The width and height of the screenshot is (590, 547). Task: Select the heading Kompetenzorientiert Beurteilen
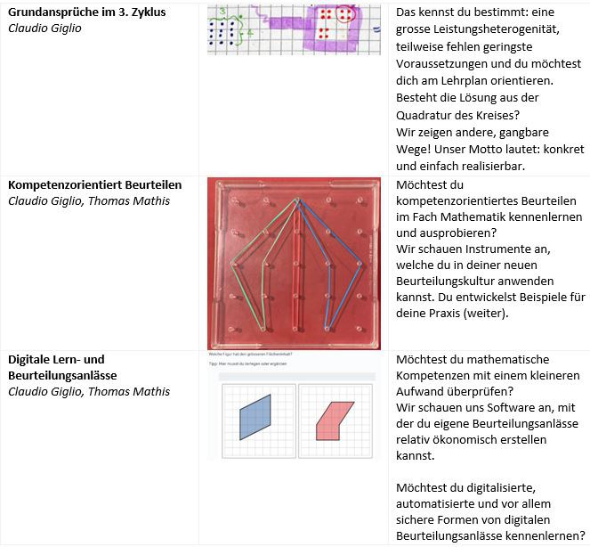(94, 184)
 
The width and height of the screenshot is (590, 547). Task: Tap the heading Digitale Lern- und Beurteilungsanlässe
(56, 367)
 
